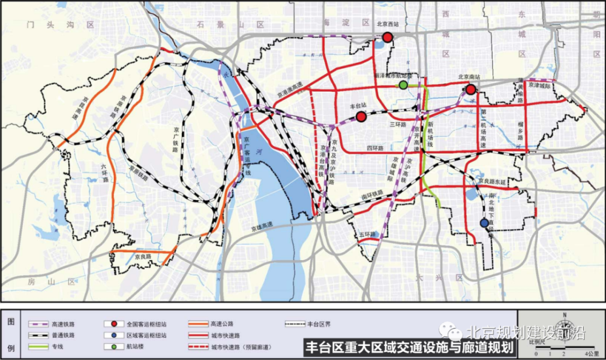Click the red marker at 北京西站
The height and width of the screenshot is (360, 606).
[x=388, y=38]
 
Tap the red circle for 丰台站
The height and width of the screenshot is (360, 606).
[x=361, y=116]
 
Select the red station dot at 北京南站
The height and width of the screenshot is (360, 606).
[x=470, y=90]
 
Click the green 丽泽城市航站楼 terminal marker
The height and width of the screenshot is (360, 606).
[x=403, y=85]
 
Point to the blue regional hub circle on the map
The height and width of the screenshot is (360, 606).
[x=484, y=223]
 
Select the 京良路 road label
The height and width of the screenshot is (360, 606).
[x=142, y=257]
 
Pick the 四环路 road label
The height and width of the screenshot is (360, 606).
[x=376, y=147]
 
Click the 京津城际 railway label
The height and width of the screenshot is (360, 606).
[x=541, y=87]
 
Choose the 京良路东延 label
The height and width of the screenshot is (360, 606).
[x=491, y=181]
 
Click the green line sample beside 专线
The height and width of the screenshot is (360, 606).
[x=39, y=345]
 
